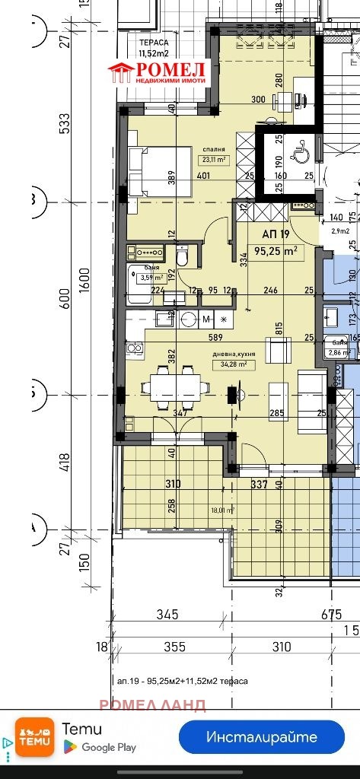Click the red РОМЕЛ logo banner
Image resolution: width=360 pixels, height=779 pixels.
pyautogui.click(x=159, y=74)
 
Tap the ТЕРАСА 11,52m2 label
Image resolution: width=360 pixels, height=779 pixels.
pyautogui.click(x=155, y=49)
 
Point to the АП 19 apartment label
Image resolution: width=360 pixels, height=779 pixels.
pyautogui.click(x=274, y=234)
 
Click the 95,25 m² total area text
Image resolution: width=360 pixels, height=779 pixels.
pyautogui.click(x=275, y=250)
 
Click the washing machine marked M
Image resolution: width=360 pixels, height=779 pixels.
pyautogui.click(x=206, y=318)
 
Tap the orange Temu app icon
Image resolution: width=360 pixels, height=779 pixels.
pyautogui.click(x=35, y=737)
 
